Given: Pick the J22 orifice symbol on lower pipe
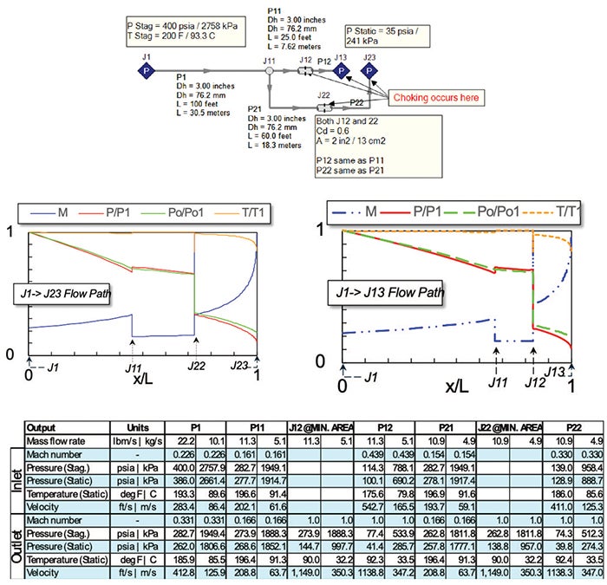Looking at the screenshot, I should pos(323,107).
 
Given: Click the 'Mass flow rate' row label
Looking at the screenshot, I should pos(59,442).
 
